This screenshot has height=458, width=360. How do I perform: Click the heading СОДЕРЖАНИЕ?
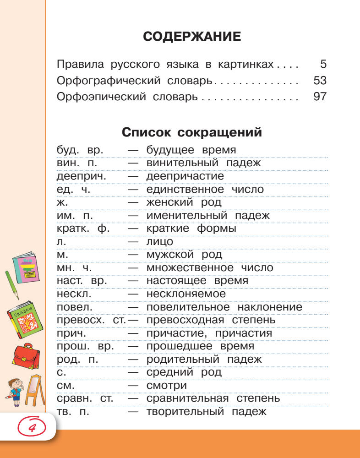pyautogui.click(x=192, y=37)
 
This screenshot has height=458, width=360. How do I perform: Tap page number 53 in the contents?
pyautogui.click(x=320, y=81)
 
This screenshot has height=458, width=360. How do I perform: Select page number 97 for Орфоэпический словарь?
pyautogui.click(x=320, y=97)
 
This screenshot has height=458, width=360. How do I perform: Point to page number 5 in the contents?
pyautogui.click(x=323, y=64)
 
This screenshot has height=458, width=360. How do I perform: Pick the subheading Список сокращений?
pyautogui.click(x=192, y=133)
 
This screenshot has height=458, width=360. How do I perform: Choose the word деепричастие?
pyautogui.click(x=185, y=176)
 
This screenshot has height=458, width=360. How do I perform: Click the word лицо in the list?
pyautogui.click(x=160, y=241)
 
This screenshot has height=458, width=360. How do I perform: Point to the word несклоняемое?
pyautogui.click(x=186, y=294)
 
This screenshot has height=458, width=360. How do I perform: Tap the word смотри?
pyautogui.click(x=166, y=386)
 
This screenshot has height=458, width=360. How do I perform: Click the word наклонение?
pyautogui.click(x=270, y=307)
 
